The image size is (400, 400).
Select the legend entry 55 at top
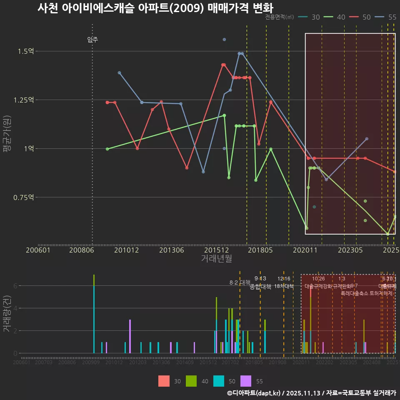[x=392, y=17]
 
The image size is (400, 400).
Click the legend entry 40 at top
[x=341, y=17]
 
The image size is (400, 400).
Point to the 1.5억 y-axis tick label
[x=25, y=51]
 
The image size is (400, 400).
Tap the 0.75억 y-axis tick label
[x=24, y=197]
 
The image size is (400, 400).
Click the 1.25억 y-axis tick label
[x=24, y=100]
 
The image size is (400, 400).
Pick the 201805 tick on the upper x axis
[x=260, y=250]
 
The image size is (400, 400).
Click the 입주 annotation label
[x=92, y=40]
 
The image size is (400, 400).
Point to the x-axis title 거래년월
[x=216, y=259]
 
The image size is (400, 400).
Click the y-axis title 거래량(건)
[x=7, y=314]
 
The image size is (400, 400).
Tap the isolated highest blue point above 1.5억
[x=224, y=40]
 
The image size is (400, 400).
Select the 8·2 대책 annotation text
[x=240, y=282]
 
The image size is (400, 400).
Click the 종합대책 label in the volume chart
[x=260, y=287]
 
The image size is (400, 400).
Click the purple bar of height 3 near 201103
[x=130, y=336]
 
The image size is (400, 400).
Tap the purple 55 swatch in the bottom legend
[x=246, y=381]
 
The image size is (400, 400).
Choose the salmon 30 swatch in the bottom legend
[x=164, y=381]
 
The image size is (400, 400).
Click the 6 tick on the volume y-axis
[x=15, y=286]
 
